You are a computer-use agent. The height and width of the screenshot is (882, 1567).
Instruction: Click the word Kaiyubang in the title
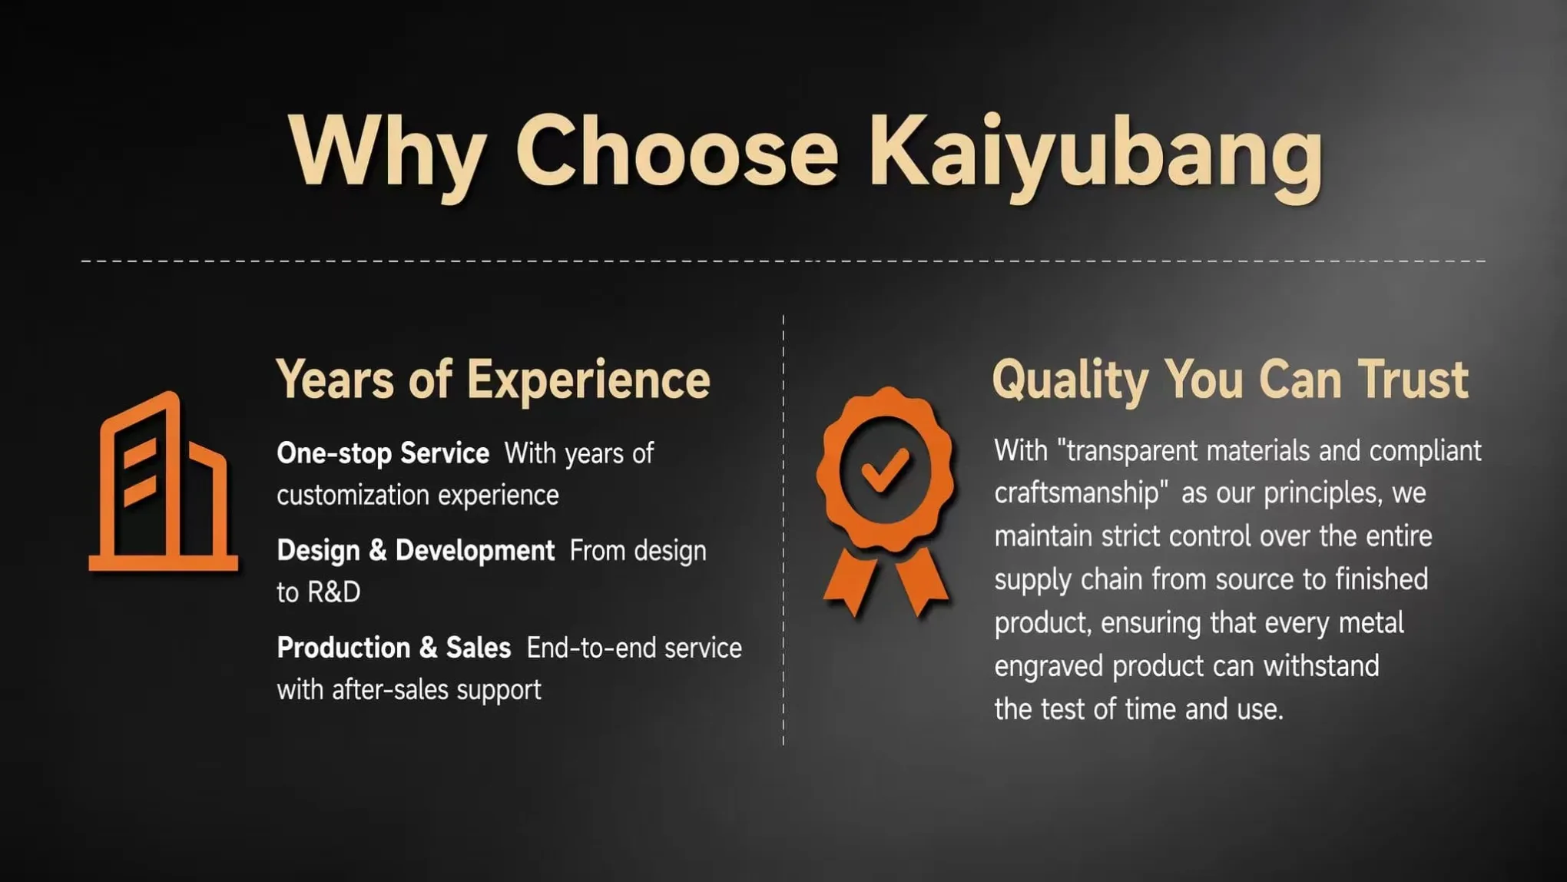pyautogui.click(x=1097, y=154)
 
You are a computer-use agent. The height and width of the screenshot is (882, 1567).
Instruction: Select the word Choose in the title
pyautogui.click(x=677, y=150)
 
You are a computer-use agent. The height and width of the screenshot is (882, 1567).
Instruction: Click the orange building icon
pyautogui.click(x=163, y=482)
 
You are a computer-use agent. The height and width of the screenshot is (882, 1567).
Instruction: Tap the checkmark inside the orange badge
pyautogui.click(x=885, y=469)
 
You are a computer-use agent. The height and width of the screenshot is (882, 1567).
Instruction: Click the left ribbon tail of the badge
pyautogui.click(x=851, y=582)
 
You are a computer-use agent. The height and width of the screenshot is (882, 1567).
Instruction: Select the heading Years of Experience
pyautogui.click(x=493, y=380)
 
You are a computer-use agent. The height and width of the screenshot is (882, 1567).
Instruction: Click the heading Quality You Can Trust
pyautogui.click(x=1230, y=380)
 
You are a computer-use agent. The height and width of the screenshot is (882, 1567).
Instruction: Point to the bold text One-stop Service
pyautogui.click(x=383, y=453)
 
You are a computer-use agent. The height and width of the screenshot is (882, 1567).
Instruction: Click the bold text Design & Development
pyautogui.click(x=416, y=551)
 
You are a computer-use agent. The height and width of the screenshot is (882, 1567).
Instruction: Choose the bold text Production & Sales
pyautogui.click(x=393, y=648)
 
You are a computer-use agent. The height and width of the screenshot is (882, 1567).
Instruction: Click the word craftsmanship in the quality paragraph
pyautogui.click(x=1076, y=493)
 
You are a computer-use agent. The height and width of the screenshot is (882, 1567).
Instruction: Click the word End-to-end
pyautogui.click(x=591, y=648)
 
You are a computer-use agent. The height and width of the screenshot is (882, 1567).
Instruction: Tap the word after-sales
pyautogui.click(x=390, y=689)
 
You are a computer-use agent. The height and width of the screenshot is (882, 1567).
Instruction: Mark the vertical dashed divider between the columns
pyautogui.click(x=783, y=529)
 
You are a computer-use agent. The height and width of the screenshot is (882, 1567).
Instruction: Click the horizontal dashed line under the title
pyautogui.click(x=783, y=261)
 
